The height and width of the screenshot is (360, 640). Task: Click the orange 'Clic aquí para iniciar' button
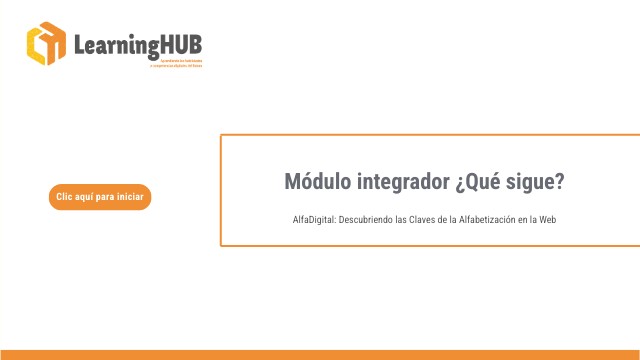pos(99,197)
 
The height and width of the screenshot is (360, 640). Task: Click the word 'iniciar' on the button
pos(130,197)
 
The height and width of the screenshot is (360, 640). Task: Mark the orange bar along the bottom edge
pos(320,355)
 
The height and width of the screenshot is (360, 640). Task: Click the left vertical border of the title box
pos(221,190)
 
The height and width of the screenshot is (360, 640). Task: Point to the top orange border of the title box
pos(430,135)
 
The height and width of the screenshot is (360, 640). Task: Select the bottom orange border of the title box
pos(430,245)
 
